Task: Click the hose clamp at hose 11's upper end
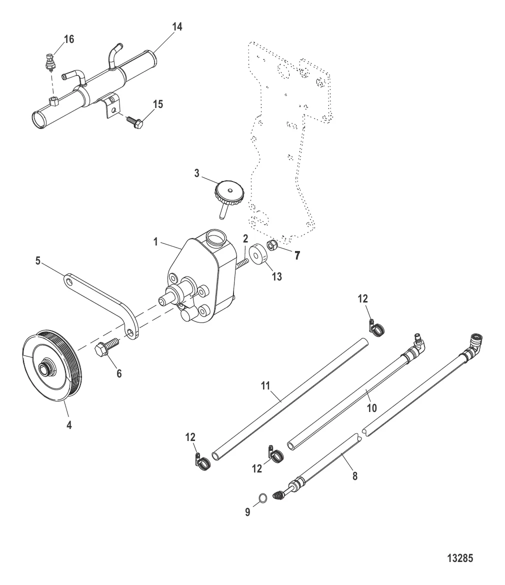[377, 327]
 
